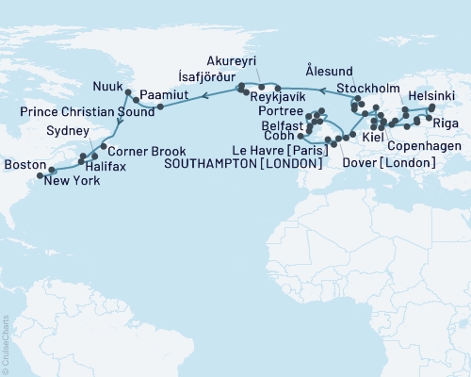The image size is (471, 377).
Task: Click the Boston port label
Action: point(21,164)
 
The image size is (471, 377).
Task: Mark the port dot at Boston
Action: point(40,174)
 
